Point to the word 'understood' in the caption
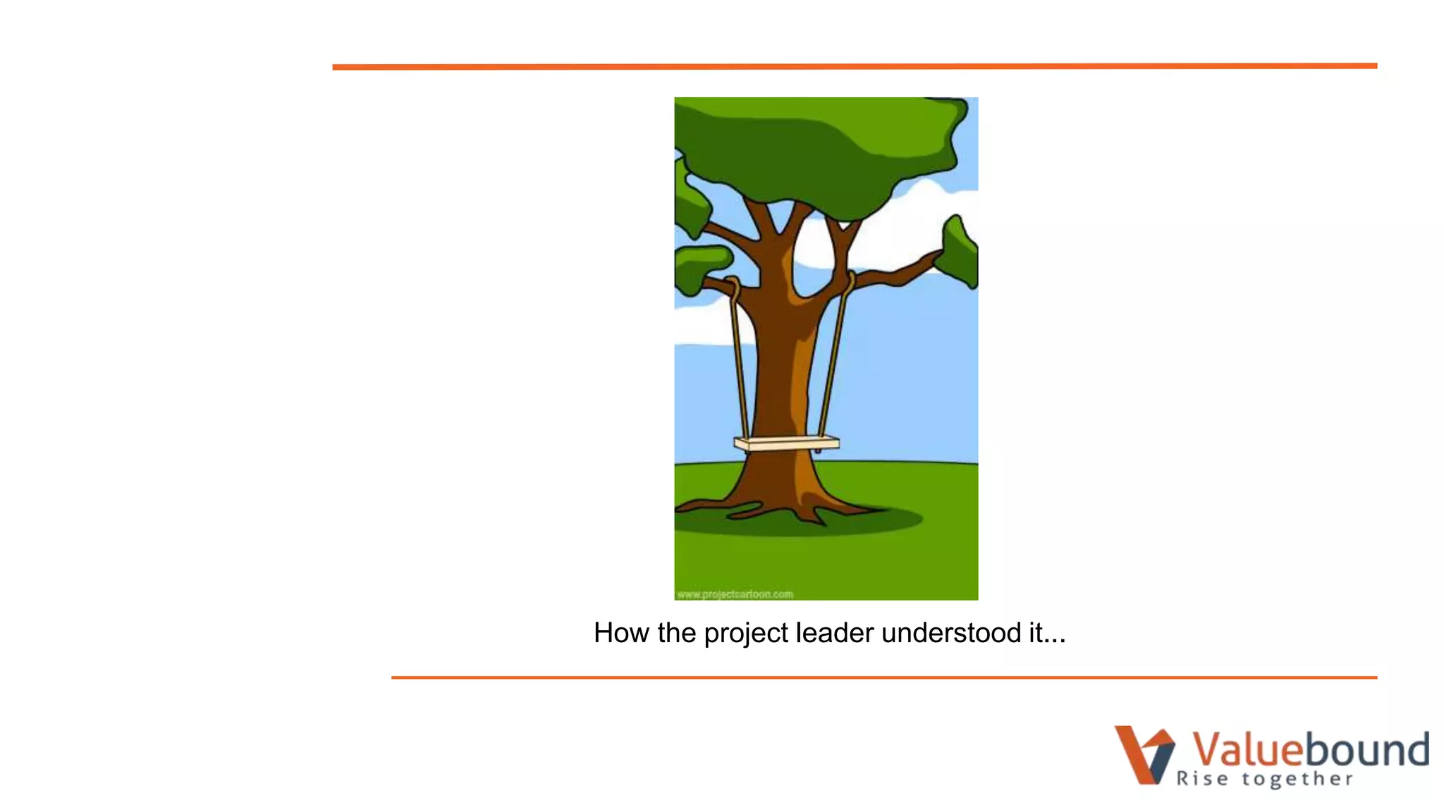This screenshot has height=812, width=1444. coord(950,633)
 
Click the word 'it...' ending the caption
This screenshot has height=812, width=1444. coord(1046,633)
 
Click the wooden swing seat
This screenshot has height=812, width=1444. coord(786,443)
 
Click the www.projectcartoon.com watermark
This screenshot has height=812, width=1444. coord(735,594)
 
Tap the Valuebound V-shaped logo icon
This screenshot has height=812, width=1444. coord(1143,754)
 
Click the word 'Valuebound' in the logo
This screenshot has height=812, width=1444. coord(1310,749)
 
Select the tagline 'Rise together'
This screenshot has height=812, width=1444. coord(1265,779)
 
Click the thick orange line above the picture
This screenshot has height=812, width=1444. coord(855,66)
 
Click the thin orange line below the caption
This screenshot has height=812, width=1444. coord(884,677)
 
